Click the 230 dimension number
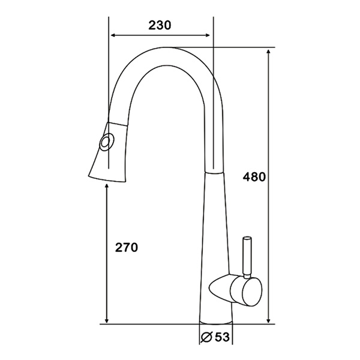[x=160, y=25]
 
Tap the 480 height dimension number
[x=255, y=177]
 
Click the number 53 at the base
[x=221, y=338]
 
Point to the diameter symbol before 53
[x=205, y=338]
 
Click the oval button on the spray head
[x=106, y=144]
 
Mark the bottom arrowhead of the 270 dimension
[x=107, y=320]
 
